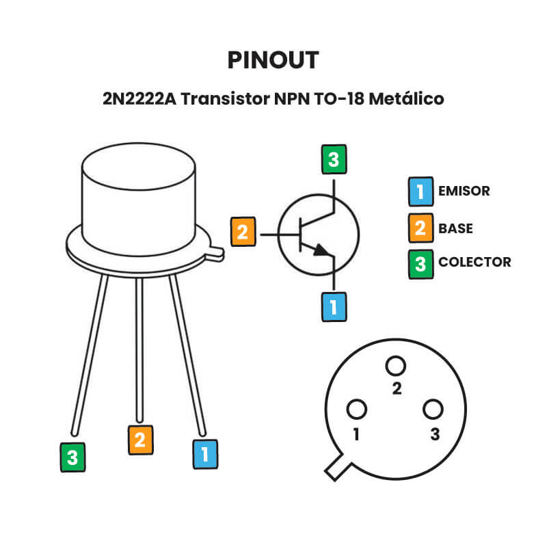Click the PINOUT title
[x=273, y=61]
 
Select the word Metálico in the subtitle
[x=407, y=98]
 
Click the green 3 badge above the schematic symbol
[x=333, y=161]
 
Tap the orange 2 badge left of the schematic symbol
[x=243, y=231]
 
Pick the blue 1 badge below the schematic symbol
[x=333, y=307]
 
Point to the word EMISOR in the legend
[x=464, y=191]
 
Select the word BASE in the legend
[x=455, y=228]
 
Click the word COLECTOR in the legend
[x=475, y=262]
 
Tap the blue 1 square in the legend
[x=420, y=191]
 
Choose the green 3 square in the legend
[x=420, y=263]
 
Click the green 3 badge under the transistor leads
[x=72, y=457]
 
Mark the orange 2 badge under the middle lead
[x=140, y=440]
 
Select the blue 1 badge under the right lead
[x=205, y=453]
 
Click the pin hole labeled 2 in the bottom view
[x=395, y=366]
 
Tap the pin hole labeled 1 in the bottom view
[x=356, y=410]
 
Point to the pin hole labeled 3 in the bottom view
[x=433, y=410]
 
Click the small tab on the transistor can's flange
[x=215, y=254]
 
